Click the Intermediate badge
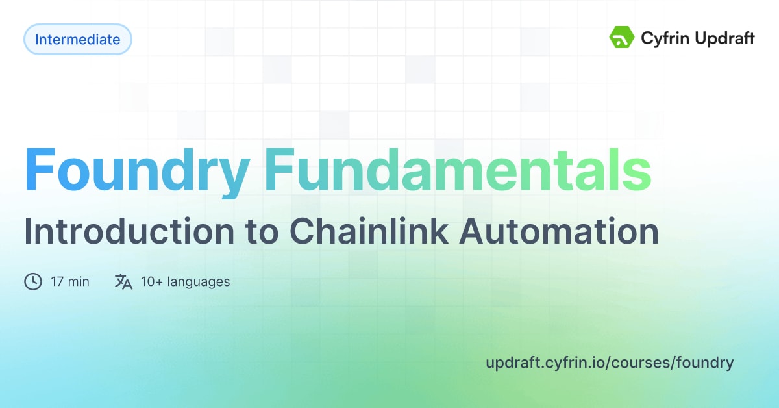coord(78,40)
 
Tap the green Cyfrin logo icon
coord(621,38)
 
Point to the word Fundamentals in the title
coord(458,170)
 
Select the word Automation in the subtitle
coord(558,232)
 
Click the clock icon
coord(33,281)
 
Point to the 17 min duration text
coord(69,281)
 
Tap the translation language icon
coord(123,281)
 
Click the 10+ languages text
coord(185,282)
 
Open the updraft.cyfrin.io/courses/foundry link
coord(610,363)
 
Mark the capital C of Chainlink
coord(300,232)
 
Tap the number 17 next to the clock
coord(56,281)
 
